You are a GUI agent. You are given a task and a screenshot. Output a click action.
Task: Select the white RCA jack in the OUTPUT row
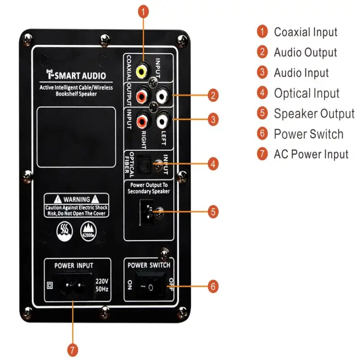pos(162,96)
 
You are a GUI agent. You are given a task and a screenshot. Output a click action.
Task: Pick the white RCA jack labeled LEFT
pos(162,121)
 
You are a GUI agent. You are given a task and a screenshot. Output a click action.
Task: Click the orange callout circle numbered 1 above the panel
pos(145,10)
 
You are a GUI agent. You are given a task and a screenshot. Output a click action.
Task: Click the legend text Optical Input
pos(307,93)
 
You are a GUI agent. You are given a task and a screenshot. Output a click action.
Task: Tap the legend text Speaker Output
pos(314,114)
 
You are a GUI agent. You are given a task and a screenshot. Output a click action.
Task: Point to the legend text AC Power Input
pos(311,154)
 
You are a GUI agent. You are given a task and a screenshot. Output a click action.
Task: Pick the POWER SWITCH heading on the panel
pos(149,265)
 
